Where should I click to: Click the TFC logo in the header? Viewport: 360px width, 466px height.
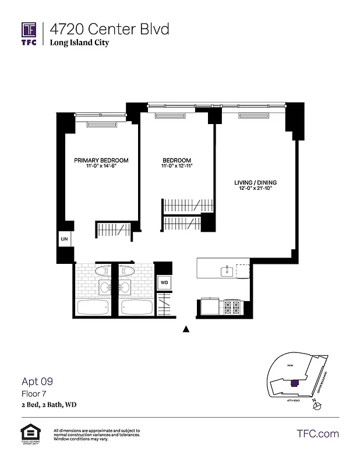click(29, 33)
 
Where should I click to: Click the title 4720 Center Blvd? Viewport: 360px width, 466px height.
click(110, 29)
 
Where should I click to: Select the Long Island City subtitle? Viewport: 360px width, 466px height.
click(79, 43)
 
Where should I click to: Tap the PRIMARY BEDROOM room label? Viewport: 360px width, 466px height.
click(101, 160)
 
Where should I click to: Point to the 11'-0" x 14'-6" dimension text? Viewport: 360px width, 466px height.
click(101, 167)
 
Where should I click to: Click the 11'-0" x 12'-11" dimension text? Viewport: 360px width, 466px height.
click(177, 167)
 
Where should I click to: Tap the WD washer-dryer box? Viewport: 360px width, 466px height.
click(164, 283)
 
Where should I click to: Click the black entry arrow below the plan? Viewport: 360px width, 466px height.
click(186, 330)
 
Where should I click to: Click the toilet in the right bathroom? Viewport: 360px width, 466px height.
click(126, 271)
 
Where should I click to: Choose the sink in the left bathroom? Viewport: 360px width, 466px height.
click(105, 287)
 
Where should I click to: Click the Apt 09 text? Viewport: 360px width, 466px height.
click(37, 382)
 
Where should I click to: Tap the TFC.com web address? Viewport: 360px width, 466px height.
click(317, 433)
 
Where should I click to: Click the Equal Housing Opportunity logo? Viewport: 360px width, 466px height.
click(29, 434)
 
